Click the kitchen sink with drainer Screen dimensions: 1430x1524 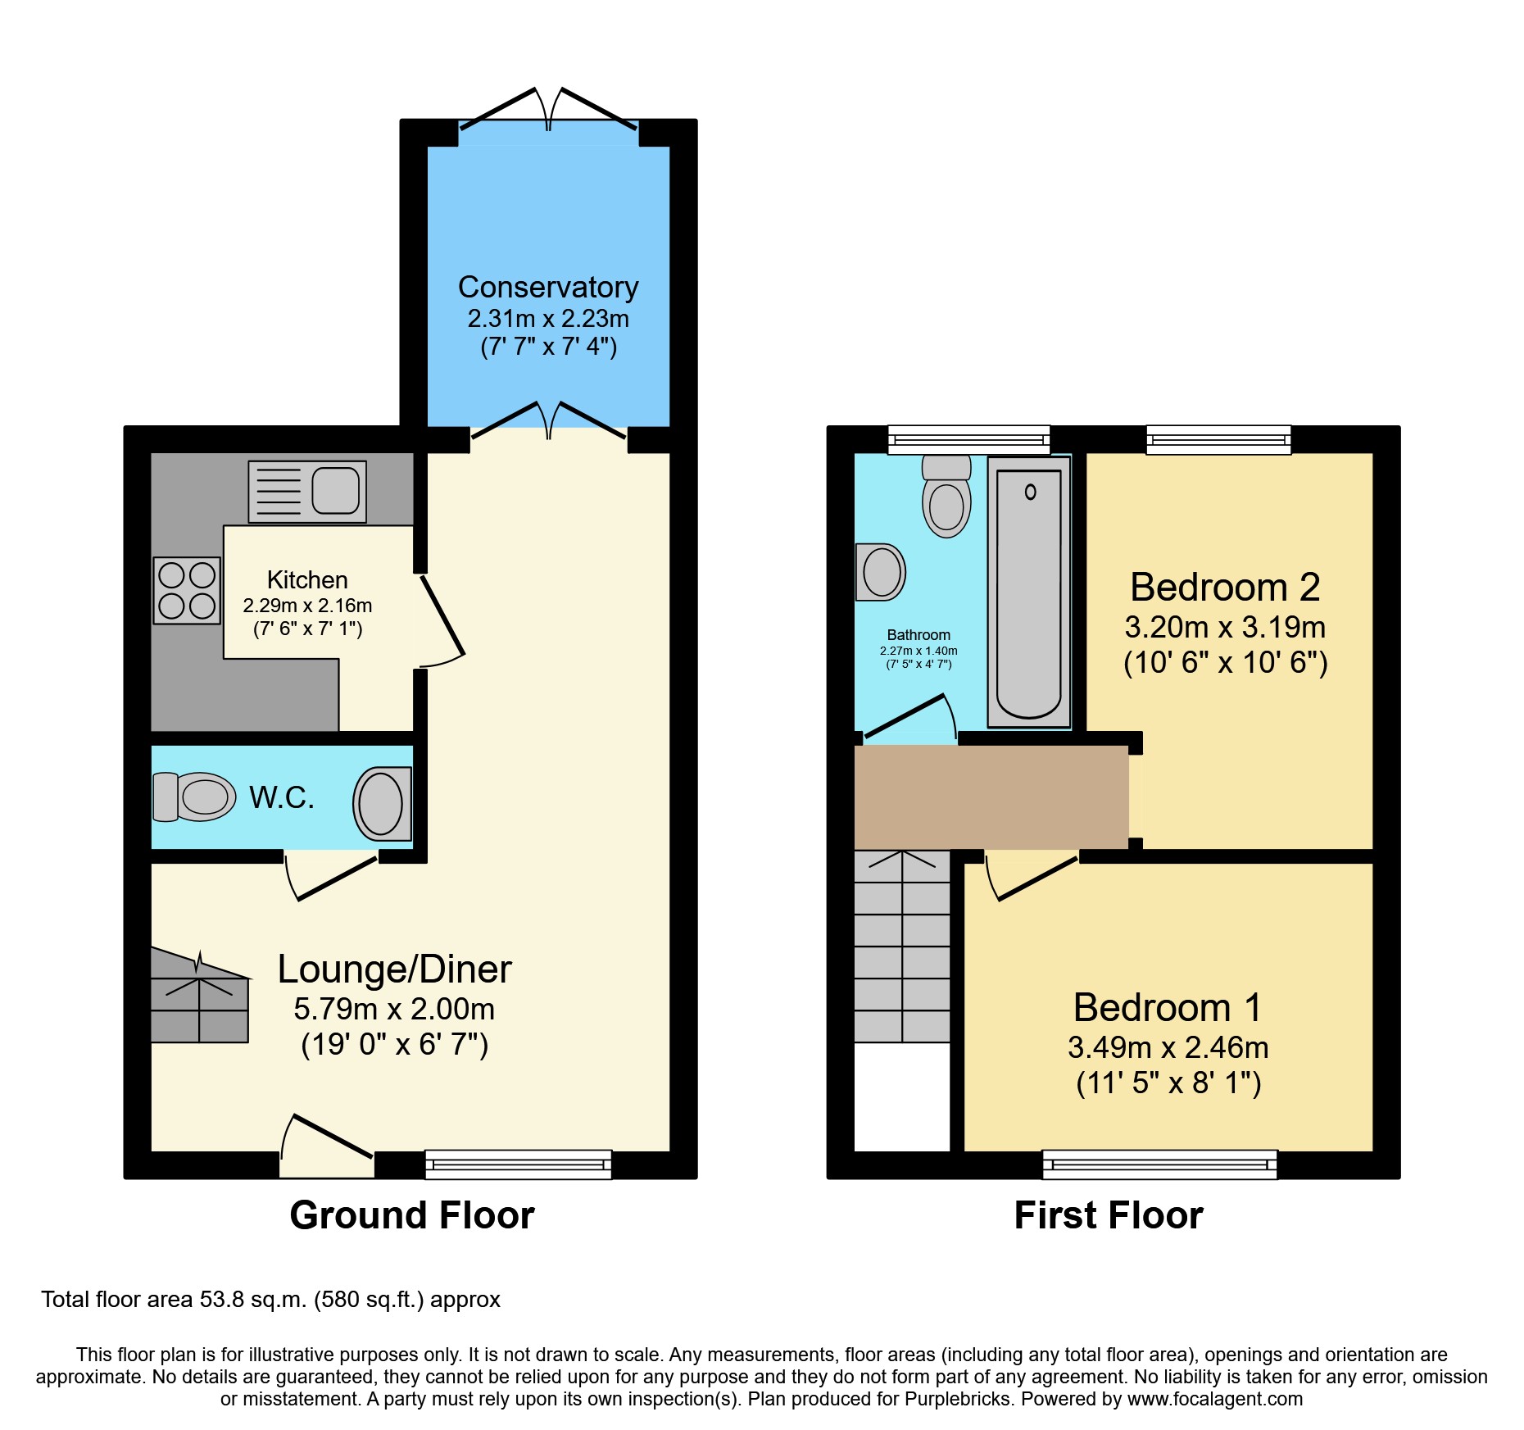click(x=307, y=492)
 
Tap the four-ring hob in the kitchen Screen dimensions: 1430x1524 click(x=187, y=591)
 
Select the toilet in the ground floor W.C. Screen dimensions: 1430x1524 click(x=195, y=797)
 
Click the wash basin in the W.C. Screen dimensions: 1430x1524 click(x=382, y=804)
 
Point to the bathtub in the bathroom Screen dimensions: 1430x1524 click(x=1029, y=592)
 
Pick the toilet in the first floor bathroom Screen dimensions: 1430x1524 click(x=946, y=497)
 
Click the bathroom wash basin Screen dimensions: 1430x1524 click(x=880, y=572)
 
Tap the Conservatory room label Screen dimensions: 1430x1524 click(x=548, y=288)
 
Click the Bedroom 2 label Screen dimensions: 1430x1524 click(x=1225, y=588)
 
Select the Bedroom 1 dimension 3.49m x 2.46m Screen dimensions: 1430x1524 click(x=1168, y=1047)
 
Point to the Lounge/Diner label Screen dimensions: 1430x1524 click(x=394, y=969)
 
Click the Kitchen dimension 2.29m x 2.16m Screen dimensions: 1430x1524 click(x=307, y=606)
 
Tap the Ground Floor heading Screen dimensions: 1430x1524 click(x=412, y=1214)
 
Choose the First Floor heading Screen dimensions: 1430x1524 click(x=1109, y=1214)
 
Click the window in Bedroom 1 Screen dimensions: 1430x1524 click(x=1159, y=1164)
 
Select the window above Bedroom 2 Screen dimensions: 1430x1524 click(x=1218, y=440)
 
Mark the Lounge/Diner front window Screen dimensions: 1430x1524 click(x=518, y=1164)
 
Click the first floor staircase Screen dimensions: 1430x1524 click(x=902, y=947)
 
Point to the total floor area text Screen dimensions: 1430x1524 click(x=270, y=1300)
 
